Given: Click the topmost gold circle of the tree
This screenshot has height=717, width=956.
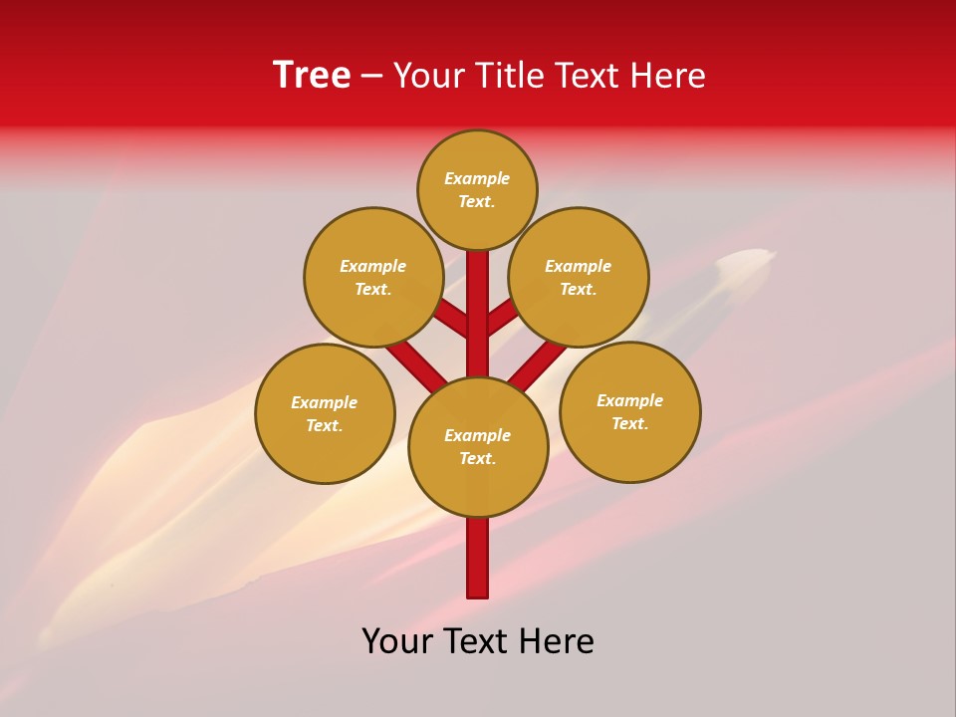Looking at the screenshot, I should (x=477, y=189).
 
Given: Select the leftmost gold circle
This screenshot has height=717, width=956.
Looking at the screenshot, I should (x=325, y=413).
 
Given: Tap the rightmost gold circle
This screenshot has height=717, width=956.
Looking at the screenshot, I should (x=630, y=411).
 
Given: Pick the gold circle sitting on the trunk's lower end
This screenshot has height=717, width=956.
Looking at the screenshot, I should (x=478, y=447).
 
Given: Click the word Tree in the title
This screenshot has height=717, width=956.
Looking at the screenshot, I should (x=312, y=76).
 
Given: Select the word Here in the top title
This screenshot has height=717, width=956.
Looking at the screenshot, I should (x=666, y=76).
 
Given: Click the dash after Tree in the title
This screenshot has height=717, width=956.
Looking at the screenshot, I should (x=372, y=76).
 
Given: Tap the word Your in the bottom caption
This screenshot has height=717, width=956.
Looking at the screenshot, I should (x=398, y=641).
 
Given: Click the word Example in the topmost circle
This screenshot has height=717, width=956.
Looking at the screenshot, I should (x=477, y=178).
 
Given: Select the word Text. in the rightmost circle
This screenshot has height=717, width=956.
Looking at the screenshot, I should (x=629, y=423).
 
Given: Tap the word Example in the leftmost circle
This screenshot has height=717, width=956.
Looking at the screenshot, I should (x=324, y=402).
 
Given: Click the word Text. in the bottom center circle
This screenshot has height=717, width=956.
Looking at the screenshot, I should (x=478, y=458).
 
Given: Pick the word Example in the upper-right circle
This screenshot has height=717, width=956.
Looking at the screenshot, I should (x=578, y=266).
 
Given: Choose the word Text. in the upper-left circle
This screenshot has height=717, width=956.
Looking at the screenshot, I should (x=372, y=289).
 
